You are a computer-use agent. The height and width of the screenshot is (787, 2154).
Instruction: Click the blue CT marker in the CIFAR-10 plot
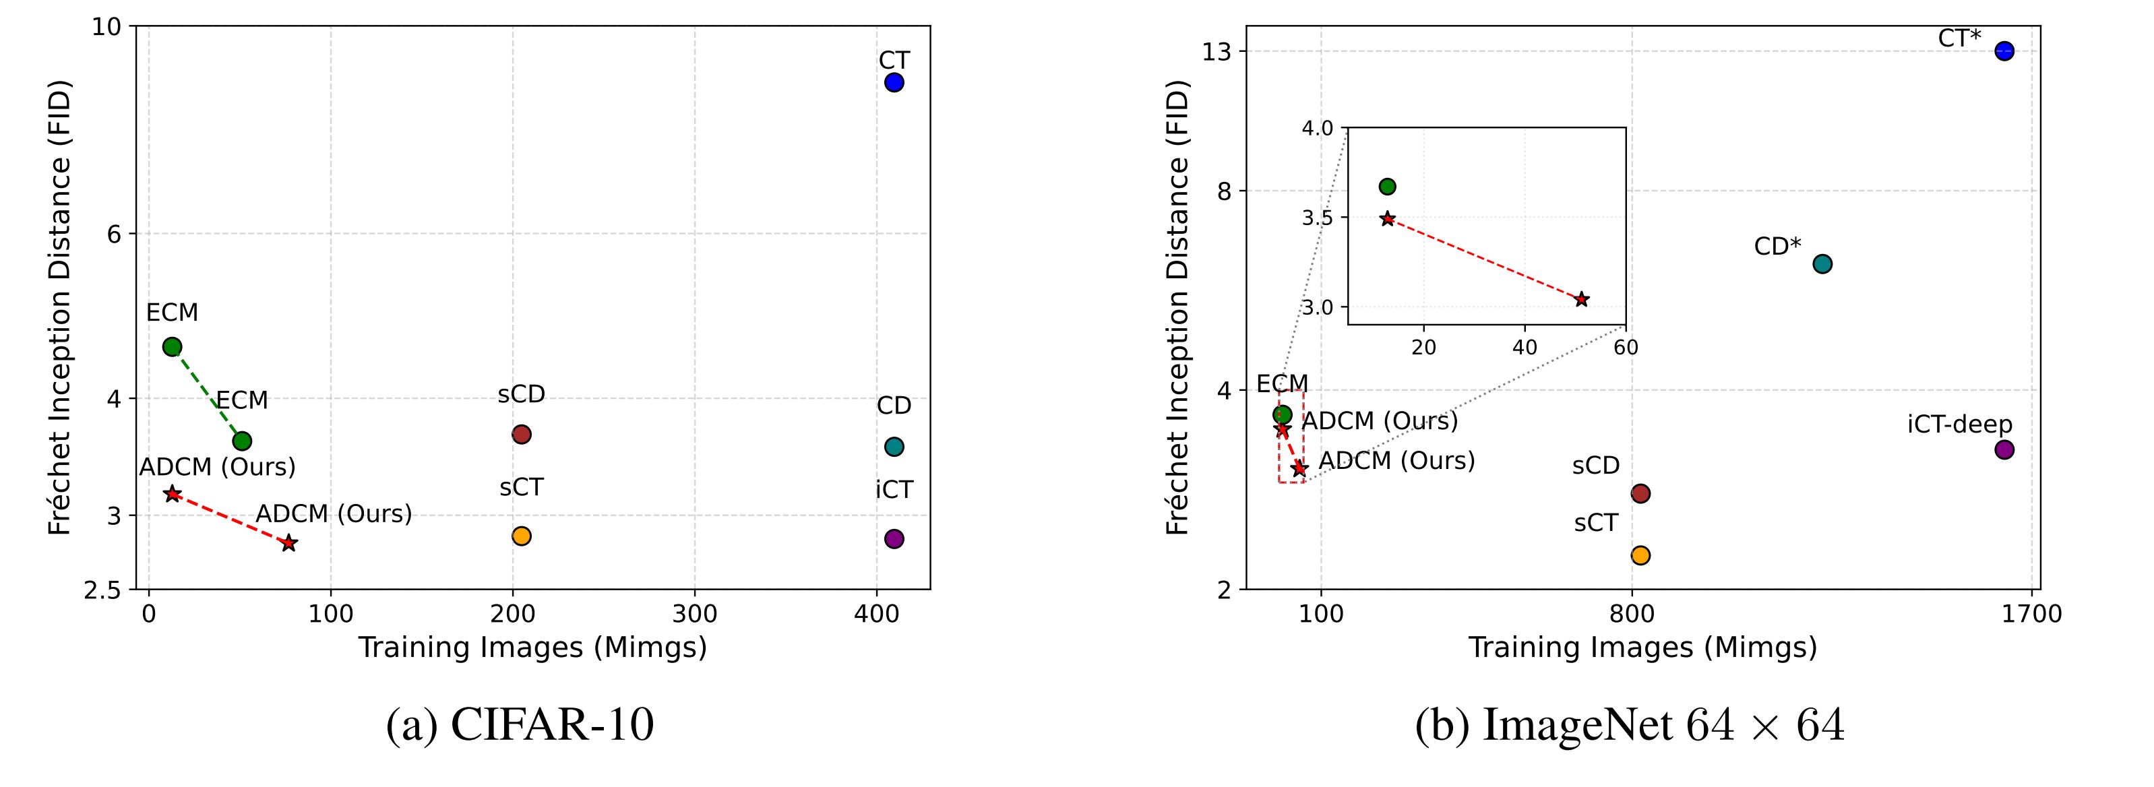pyautogui.click(x=894, y=82)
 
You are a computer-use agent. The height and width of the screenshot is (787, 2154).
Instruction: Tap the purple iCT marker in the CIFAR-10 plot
pyautogui.click(x=894, y=538)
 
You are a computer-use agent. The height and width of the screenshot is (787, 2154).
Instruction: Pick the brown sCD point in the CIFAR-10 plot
pyautogui.click(x=521, y=434)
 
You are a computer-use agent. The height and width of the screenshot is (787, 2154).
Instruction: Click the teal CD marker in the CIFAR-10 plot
pyautogui.click(x=894, y=447)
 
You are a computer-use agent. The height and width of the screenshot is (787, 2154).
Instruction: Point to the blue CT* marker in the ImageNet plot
pyautogui.click(x=2004, y=51)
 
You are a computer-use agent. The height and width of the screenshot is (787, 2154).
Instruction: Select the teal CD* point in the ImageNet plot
pyautogui.click(x=1822, y=263)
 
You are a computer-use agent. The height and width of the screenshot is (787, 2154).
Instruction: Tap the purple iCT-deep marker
pyautogui.click(x=2004, y=449)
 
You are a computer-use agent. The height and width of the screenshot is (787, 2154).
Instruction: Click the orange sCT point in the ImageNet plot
pyautogui.click(x=1640, y=555)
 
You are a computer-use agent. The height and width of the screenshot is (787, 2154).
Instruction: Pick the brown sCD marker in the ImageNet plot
pyautogui.click(x=1640, y=493)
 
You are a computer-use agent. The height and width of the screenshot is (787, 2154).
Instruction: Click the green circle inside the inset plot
pyautogui.click(x=1387, y=187)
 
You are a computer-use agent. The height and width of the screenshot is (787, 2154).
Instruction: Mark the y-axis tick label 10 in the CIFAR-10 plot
pyautogui.click(x=107, y=27)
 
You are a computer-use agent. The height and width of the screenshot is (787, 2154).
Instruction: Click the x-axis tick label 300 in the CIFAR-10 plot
pyautogui.click(x=695, y=615)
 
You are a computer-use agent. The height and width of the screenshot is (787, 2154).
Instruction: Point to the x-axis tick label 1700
pyautogui.click(x=2032, y=615)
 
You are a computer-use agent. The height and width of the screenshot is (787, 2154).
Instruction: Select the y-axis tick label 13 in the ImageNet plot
pyautogui.click(x=1220, y=52)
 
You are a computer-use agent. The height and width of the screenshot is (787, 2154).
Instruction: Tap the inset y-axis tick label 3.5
pyautogui.click(x=1320, y=218)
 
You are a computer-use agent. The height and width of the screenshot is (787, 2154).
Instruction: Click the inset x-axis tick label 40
pyautogui.click(x=1525, y=347)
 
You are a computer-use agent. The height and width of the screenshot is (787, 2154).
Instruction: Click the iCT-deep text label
pyautogui.click(x=1959, y=424)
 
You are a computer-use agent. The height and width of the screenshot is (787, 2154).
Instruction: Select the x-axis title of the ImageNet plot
pyautogui.click(x=1642, y=648)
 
